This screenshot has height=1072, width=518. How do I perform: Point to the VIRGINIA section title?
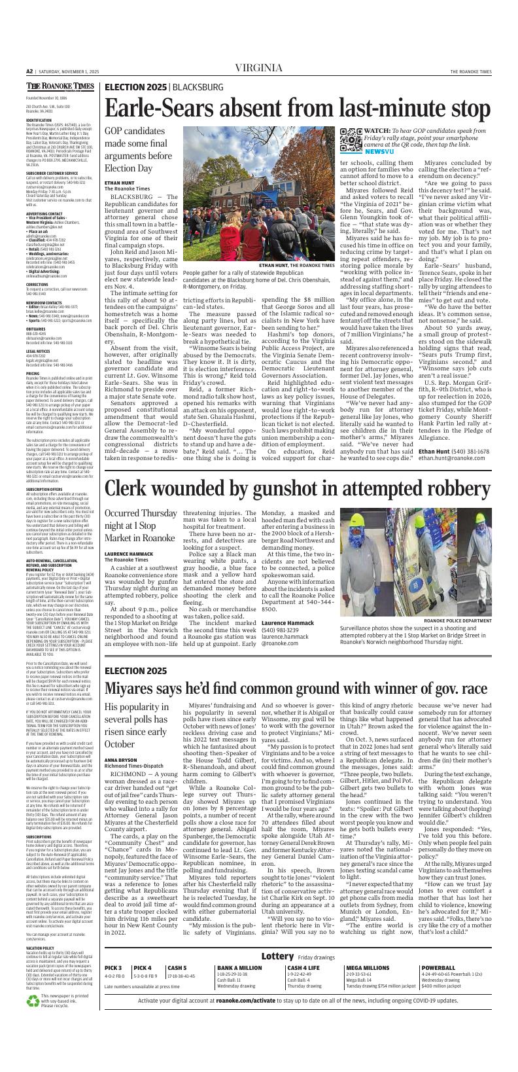tap(258, 68)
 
